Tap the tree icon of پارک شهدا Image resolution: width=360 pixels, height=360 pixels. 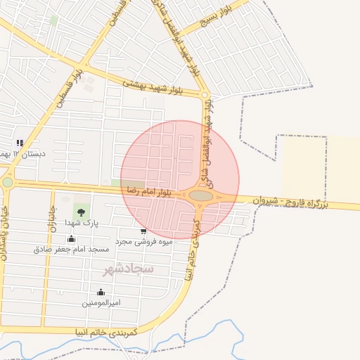pyautogui.click(x=82, y=210)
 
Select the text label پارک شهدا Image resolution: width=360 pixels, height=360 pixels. pyautogui.click(x=82, y=222)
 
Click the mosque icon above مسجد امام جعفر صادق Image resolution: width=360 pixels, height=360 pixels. pyautogui.click(x=71, y=239)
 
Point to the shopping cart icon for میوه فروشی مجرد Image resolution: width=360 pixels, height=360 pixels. pyautogui.click(x=143, y=231)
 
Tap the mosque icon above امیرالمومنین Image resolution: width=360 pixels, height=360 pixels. pyautogui.click(x=101, y=292)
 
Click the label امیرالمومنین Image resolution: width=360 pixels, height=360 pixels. pyautogui.click(x=101, y=302)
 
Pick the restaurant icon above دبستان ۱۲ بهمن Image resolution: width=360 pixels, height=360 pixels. pyautogui.click(x=20, y=143)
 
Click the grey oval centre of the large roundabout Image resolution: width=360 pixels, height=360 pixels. pyautogui.click(x=201, y=195)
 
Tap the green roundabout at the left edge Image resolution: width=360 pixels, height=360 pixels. pyautogui.click(x=7, y=182)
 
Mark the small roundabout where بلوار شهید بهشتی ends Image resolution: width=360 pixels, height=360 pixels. pyautogui.click(x=205, y=95)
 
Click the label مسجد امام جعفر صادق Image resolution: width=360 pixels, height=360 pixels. pyautogui.click(x=71, y=250)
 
